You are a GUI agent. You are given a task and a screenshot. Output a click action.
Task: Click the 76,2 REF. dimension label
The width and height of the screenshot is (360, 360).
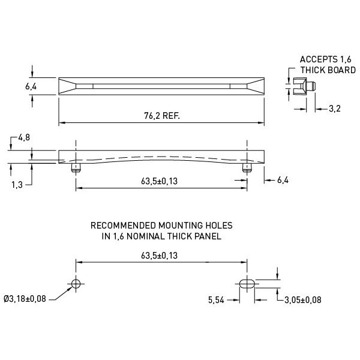pos(162,116)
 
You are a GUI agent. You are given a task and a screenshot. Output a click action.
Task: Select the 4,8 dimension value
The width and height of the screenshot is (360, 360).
pos(24,137)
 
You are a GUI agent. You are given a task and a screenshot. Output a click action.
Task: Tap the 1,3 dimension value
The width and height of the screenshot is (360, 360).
pos(17,185)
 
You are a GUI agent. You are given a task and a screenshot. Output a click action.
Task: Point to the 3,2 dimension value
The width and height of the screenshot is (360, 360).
pos(335,109)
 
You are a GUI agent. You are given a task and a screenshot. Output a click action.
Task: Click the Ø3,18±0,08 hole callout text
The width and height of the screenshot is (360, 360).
pos(25,299)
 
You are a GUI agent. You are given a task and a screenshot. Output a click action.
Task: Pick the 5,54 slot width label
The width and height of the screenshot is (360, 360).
pos(216,300)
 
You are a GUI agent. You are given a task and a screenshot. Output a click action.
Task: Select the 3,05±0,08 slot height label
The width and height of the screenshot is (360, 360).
pos(303,300)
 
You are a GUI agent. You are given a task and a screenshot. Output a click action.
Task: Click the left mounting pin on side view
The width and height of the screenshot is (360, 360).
pos(76,167)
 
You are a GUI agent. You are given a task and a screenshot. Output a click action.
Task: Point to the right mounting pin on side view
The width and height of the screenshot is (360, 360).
pos(247,167)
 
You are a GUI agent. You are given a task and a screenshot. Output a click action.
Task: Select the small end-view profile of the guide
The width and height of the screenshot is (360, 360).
pos(304,86)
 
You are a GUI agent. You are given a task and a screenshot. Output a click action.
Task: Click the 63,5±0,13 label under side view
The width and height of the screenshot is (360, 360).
pos(160,181)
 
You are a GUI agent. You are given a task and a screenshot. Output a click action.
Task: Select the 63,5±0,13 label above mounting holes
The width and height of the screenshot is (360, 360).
pos(160,256)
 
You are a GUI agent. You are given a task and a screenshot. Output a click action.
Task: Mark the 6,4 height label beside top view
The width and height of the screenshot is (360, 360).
pos(31,86)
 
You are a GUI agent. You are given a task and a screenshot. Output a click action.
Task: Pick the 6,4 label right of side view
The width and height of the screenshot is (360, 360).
pos(283,180)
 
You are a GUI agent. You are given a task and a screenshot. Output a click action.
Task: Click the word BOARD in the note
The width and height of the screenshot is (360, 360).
pos(342,70)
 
